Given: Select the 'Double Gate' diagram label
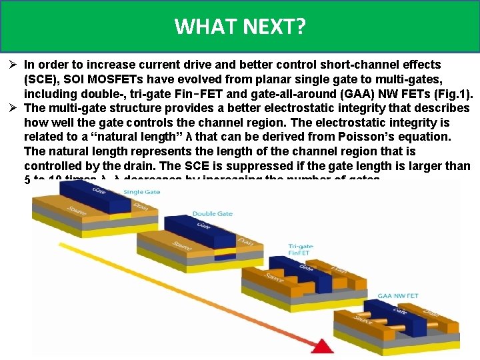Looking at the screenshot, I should click(x=212, y=214).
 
